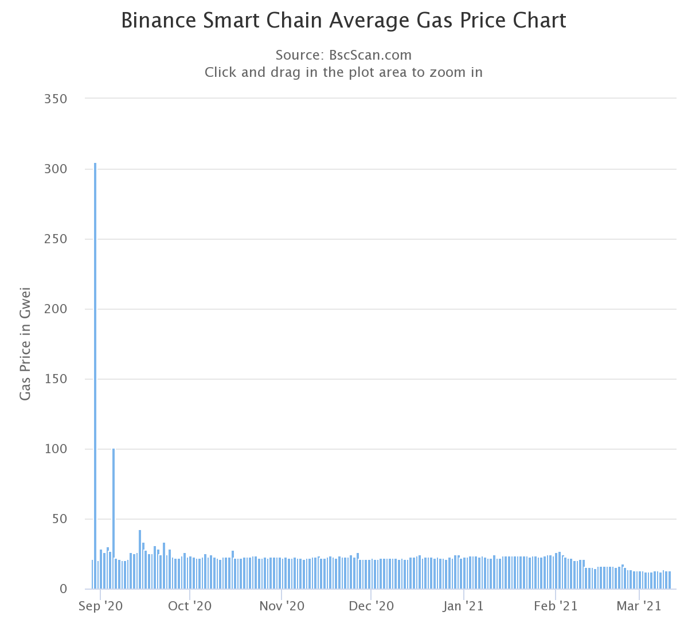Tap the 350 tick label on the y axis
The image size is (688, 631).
[56, 99]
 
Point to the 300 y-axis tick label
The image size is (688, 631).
[56, 169]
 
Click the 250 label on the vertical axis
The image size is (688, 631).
[56, 239]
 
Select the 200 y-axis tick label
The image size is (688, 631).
[56, 309]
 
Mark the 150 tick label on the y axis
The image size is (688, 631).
[56, 379]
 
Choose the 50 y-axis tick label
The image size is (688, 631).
[59, 519]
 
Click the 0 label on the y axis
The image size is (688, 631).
[63, 589]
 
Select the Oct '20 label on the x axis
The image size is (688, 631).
[189, 606]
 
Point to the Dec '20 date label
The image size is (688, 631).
[371, 606]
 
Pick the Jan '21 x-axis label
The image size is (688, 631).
[464, 606]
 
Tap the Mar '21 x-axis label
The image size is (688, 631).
[639, 606]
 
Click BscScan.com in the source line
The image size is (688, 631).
[370, 55]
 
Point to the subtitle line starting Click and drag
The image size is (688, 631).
[343, 72]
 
